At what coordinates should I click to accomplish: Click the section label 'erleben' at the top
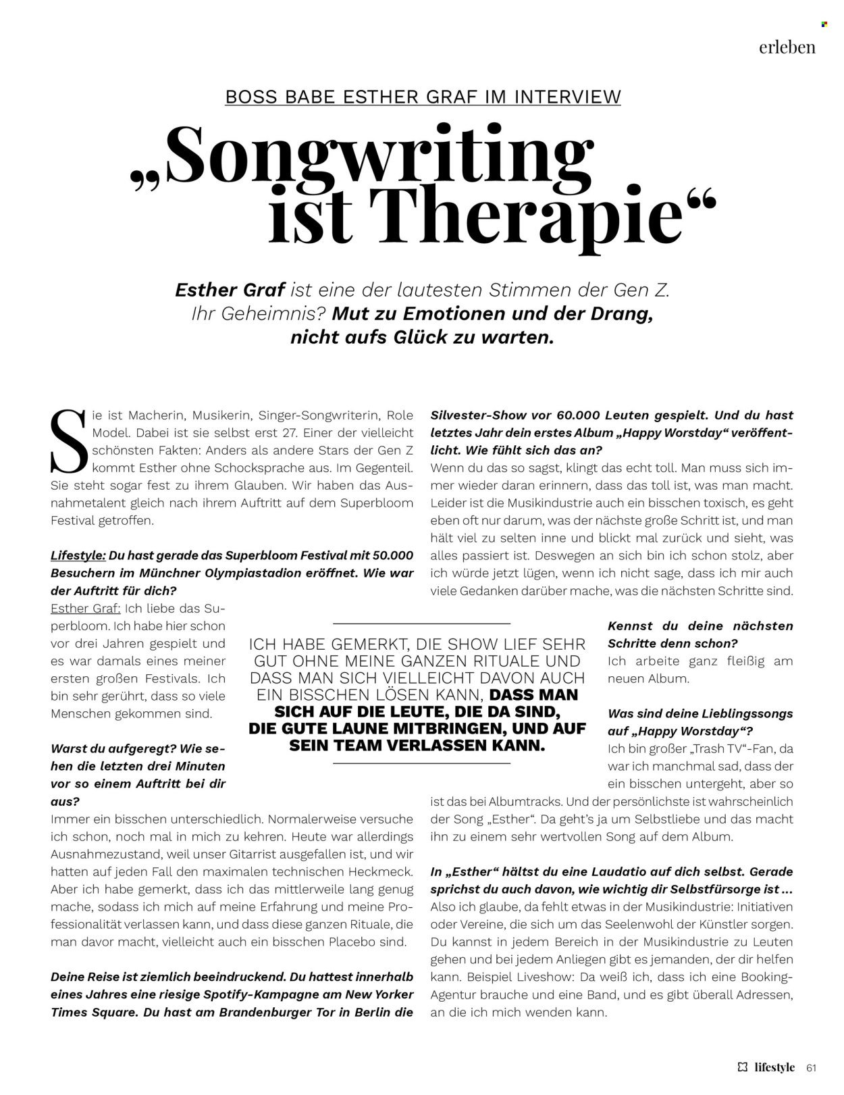click(x=787, y=47)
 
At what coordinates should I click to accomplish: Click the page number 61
click(x=812, y=1067)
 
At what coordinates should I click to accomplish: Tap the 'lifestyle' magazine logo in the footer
click(x=774, y=1067)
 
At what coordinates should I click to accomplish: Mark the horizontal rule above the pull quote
click(x=422, y=623)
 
